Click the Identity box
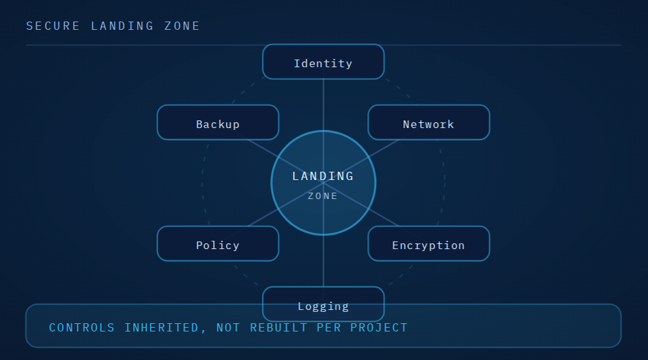(323, 61)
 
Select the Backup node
(217, 122)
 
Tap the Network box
(429, 122)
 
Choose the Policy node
(217, 243)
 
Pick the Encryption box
(429, 243)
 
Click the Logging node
(323, 304)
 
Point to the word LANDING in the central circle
(323, 176)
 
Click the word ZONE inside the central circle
(323, 196)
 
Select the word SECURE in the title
(53, 26)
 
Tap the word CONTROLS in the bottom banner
(82, 328)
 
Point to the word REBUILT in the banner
(279, 328)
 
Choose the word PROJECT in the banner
(379, 328)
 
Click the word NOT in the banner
(228, 328)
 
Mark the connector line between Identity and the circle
(323, 105)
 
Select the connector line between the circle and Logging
(323, 260)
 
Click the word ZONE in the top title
(182, 26)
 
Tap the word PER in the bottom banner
(329, 328)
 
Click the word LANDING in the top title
(122, 26)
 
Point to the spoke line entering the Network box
(384, 149)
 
